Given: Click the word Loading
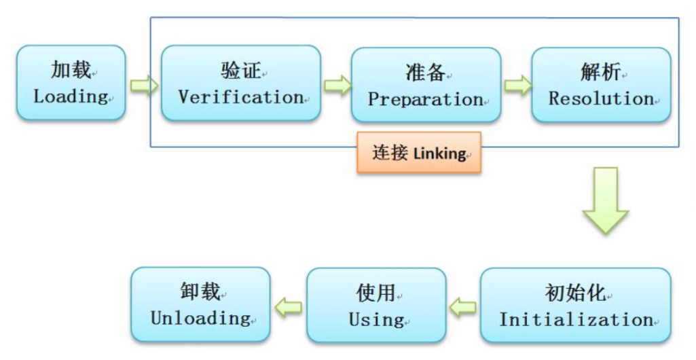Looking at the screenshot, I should (71, 96).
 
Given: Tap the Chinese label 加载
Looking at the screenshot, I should (71, 69).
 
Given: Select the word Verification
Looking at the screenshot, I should (240, 96).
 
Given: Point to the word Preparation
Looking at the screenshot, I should (425, 99).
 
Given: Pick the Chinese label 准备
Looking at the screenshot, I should (425, 72).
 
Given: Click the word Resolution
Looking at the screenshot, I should (601, 98).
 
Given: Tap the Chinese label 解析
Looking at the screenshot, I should (601, 71).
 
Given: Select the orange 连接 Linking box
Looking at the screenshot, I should (419, 152).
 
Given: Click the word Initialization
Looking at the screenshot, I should (576, 319).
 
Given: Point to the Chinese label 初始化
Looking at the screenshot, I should (576, 293).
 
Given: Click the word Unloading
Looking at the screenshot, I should (200, 317).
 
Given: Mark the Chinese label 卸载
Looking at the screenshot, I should (200, 291).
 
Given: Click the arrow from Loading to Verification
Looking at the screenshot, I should (143, 86).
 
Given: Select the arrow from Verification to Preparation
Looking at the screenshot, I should (336, 86).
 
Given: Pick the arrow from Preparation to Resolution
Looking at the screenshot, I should (517, 86).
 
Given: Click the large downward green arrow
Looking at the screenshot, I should (605, 201).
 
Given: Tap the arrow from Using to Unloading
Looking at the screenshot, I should (289, 306).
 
